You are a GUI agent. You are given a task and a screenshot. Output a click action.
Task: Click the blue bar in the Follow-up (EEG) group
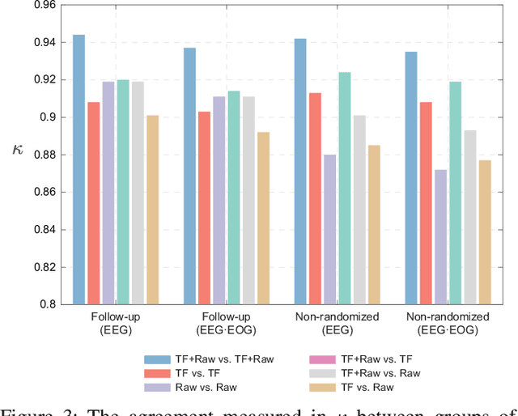tap(79, 169)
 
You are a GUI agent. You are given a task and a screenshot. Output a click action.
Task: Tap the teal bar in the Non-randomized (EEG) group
tap(344, 188)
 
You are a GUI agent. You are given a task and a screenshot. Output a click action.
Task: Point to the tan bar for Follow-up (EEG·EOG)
tap(263, 218)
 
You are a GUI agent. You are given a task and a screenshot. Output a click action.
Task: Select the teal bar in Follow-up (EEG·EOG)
tap(234, 197)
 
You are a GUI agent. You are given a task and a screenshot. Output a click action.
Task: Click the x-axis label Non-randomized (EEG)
tap(336, 323)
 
